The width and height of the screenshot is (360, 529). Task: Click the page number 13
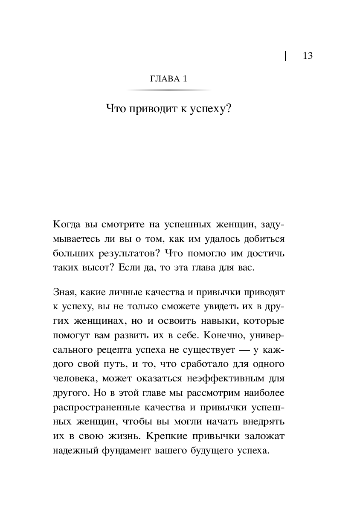[308, 56]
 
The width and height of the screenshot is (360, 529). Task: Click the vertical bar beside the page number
[285, 56]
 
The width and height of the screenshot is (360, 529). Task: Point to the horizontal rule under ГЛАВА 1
[169, 90]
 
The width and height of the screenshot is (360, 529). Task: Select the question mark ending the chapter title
[228, 110]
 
